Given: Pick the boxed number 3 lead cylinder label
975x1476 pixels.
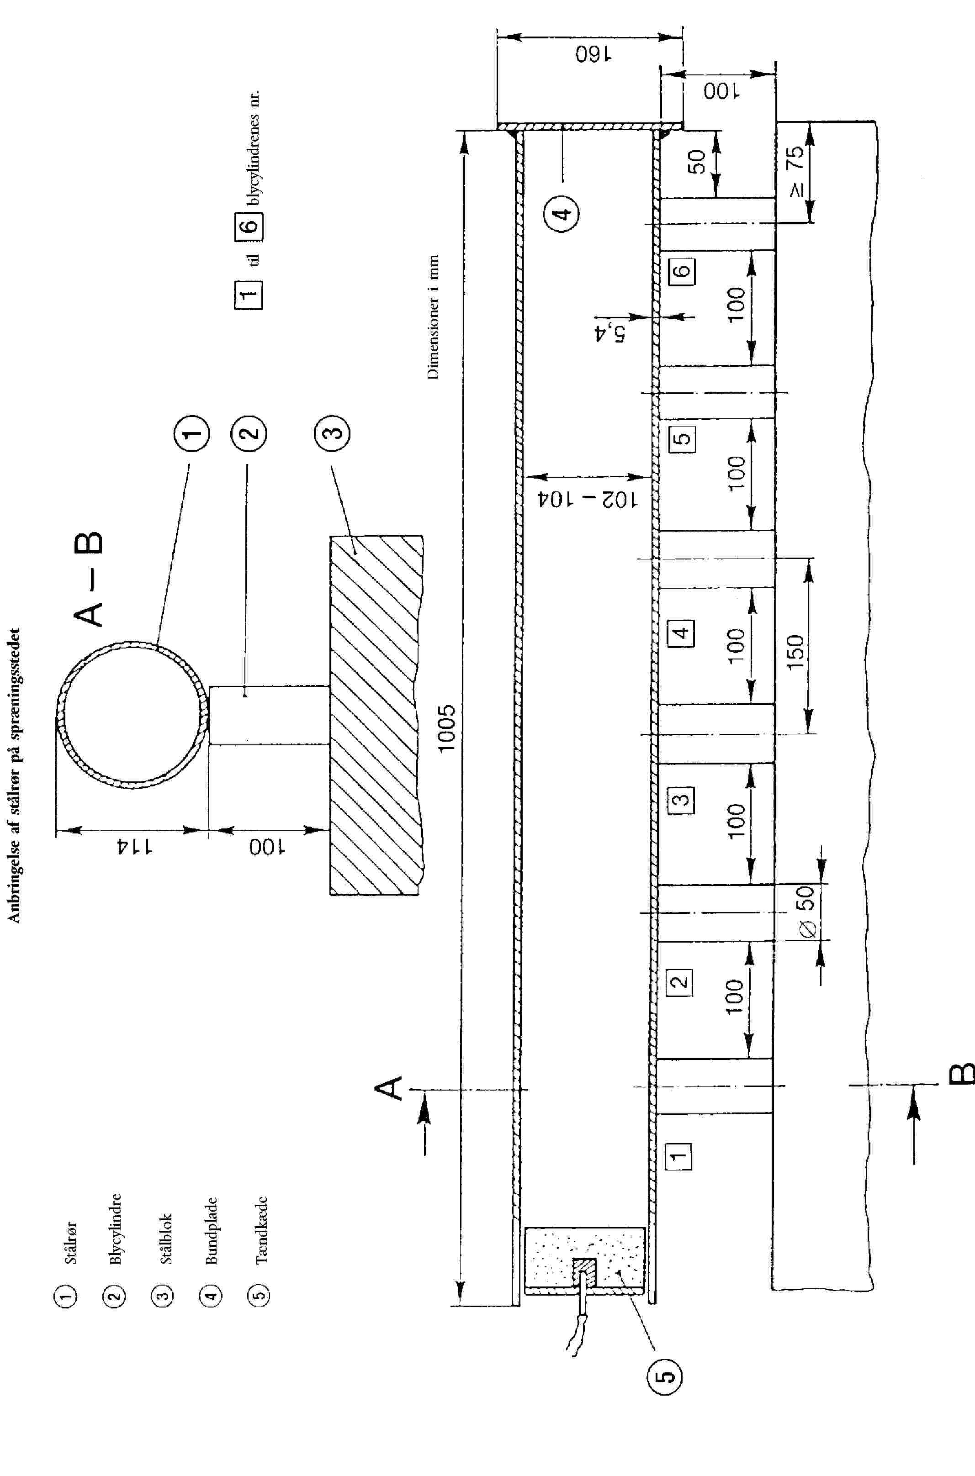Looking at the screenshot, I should [x=682, y=799].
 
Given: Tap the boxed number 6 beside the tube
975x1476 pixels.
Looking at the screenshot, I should [x=682, y=270].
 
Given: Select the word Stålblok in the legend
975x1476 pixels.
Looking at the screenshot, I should [x=165, y=1238].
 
